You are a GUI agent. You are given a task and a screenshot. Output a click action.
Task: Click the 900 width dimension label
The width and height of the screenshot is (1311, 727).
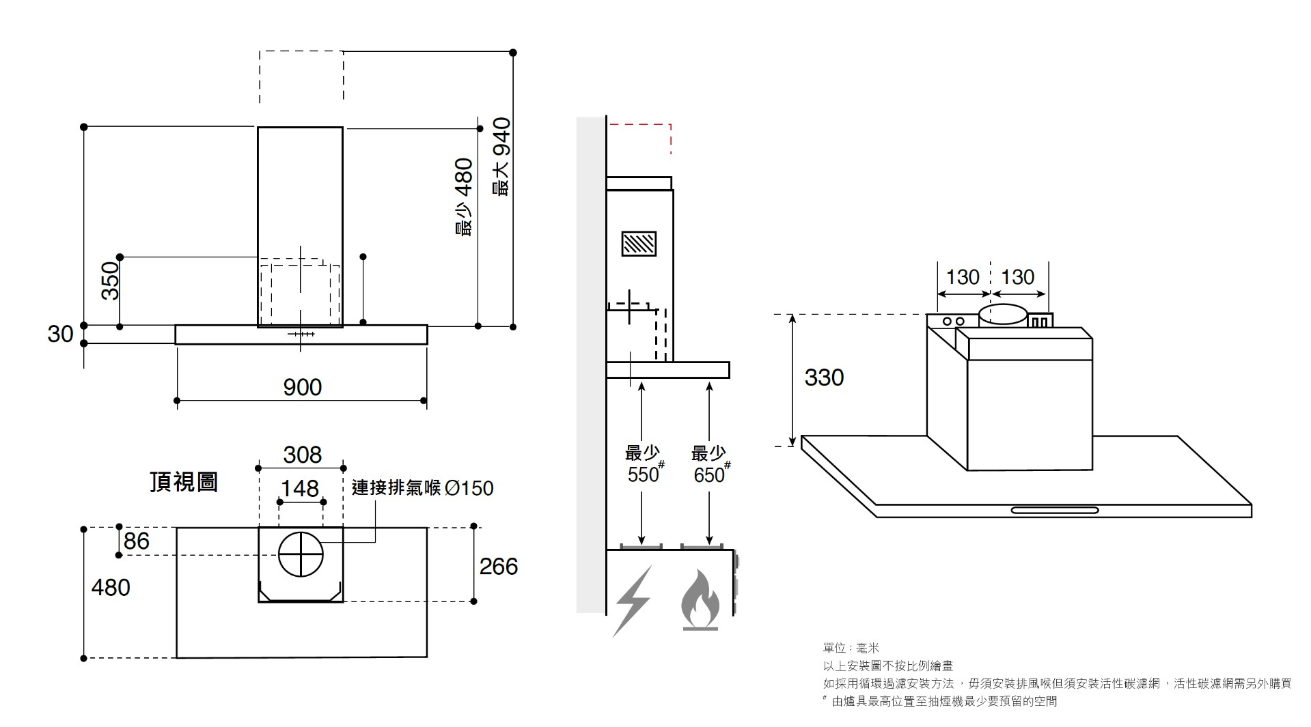click(x=302, y=387)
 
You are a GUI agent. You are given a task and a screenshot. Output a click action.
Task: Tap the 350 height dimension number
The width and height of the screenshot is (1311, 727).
click(x=110, y=281)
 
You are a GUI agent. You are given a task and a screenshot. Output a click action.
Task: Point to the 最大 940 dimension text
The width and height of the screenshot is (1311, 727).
click(x=502, y=157)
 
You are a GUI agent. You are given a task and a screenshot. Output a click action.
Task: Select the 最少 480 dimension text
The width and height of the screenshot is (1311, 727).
click(x=464, y=197)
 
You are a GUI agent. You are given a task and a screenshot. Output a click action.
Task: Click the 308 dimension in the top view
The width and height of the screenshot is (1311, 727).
click(x=302, y=455)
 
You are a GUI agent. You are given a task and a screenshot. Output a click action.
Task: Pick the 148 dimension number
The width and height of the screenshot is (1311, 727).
click(x=300, y=488)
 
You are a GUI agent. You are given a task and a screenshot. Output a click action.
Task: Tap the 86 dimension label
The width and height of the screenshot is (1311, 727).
click(x=137, y=541)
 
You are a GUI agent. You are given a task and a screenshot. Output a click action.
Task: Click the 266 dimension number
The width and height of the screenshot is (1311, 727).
click(x=499, y=566)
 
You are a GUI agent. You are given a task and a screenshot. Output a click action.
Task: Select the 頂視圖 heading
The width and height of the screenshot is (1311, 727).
click(x=184, y=482)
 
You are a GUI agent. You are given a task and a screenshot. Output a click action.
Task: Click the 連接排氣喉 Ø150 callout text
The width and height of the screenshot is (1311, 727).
click(x=422, y=488)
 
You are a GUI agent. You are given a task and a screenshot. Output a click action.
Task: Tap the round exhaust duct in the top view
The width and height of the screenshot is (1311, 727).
click(x=301, y=554)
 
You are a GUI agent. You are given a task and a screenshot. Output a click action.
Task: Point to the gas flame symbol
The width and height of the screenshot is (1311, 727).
click(x=700, y=601)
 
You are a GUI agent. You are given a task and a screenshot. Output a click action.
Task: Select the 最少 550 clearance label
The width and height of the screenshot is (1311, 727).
click(x=644, y=464)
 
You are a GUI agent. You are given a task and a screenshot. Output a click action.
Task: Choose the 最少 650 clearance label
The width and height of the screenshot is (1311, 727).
click(x=710, y=464)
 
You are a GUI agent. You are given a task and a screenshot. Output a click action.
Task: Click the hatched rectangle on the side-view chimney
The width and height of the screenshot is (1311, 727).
click(x=639, y=244)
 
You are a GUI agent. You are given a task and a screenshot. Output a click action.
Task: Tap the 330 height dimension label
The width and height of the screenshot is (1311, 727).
click(x=824, y=377)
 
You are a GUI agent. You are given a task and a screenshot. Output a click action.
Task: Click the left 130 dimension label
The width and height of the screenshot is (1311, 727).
click(x=963, y=277)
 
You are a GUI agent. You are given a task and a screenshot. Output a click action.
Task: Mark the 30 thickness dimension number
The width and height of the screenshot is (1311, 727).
click(x=60, y=334)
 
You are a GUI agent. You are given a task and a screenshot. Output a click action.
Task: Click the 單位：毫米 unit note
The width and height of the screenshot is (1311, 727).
click(x=851, y=648)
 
